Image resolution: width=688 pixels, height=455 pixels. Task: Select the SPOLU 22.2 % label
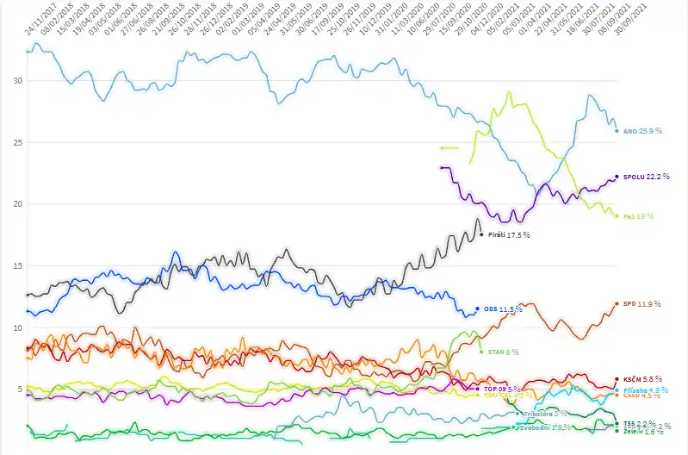[646, 177]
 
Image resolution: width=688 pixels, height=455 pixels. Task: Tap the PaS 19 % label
[638, 216]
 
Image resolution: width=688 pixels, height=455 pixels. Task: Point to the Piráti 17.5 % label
[509, 234]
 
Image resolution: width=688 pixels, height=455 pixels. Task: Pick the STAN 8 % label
[504, 352]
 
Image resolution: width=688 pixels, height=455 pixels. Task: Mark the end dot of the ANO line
[617, 131]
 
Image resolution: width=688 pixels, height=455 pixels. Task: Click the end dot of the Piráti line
[480, 234]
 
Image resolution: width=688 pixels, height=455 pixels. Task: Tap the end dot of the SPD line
[617, 303]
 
